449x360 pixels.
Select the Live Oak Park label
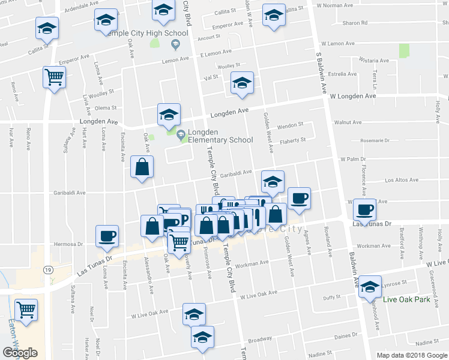click(x=407, y=299)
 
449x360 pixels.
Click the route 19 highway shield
click(x=47, y=270)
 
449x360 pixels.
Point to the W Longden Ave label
click(x=352, y=96)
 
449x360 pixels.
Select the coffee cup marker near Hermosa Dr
click(x=108, y=235)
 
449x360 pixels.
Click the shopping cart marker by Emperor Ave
click(x=54, y=77)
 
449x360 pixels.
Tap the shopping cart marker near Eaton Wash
click(x=27, y=310)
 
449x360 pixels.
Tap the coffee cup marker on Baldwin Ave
click(x=365, y=209)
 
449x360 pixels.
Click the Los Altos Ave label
click(x=401, y=180)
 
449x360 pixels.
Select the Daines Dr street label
click(x=346, y=336)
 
